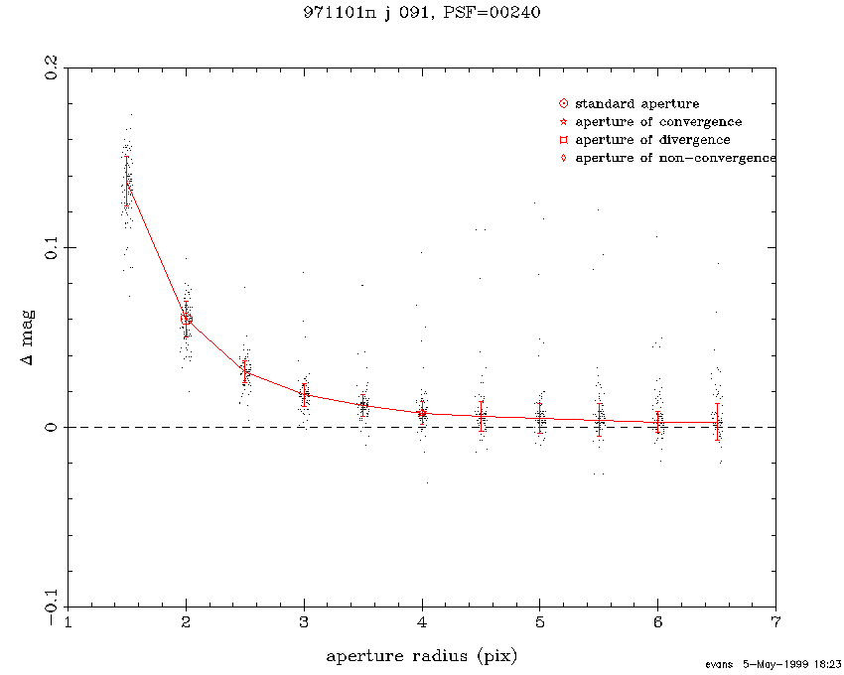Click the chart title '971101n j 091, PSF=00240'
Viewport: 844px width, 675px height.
point(421,13)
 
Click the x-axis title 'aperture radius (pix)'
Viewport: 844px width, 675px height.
point(422,656)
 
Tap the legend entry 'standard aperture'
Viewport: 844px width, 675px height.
point(636,103)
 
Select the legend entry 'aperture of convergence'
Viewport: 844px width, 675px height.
point(657,122)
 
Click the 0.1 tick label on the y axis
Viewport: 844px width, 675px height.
point(47,246)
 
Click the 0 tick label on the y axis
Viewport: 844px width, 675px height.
point(47,427)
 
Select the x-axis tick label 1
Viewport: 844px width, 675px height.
point(68,623)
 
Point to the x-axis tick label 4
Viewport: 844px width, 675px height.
point(422,623)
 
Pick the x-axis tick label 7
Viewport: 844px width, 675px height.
point(775,623)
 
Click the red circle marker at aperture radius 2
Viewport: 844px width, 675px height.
point(186,319)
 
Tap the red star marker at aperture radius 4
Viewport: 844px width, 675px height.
point(422,413)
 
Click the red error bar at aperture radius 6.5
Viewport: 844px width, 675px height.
point(717,422)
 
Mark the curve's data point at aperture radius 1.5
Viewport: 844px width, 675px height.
point(127,182)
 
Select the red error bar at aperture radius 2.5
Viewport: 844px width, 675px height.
point(245,371)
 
